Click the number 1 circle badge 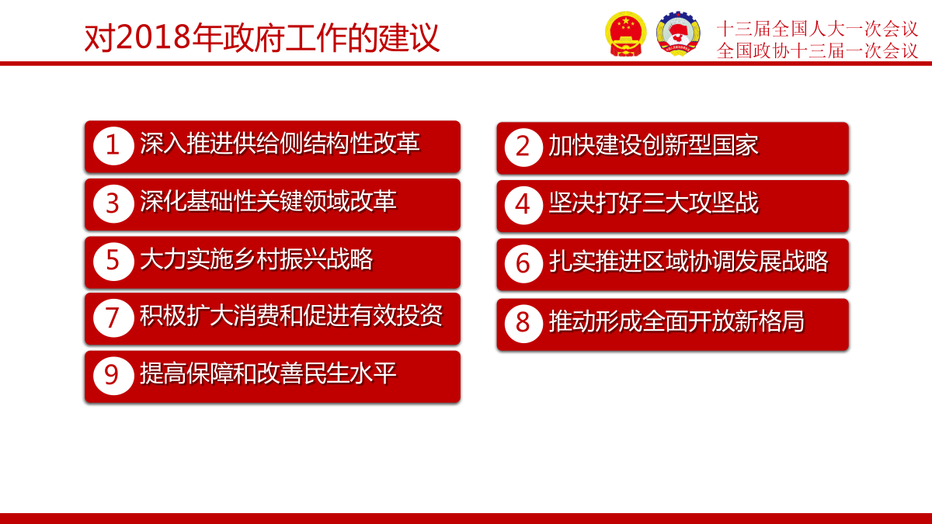coord(113,146)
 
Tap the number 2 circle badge coord(523,147)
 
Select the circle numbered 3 coord(113,203)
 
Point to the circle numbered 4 coord(523,206)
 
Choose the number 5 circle coord(113,262)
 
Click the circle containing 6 coord(523,264)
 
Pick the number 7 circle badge coord(113,318)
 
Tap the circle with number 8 coord(523,324)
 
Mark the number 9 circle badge coord(113,376)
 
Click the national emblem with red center coord(626,33)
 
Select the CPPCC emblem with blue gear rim coord(678,33)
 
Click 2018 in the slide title coord(154,38)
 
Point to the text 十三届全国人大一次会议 coord(817,29)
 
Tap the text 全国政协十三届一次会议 coord(817,50)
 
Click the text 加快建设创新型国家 coord(653,146)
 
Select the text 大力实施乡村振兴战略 coord(256,259)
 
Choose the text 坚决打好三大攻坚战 coord(653,203)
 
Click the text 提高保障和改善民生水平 coord(268,373)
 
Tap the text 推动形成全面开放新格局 coord(676,321)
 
